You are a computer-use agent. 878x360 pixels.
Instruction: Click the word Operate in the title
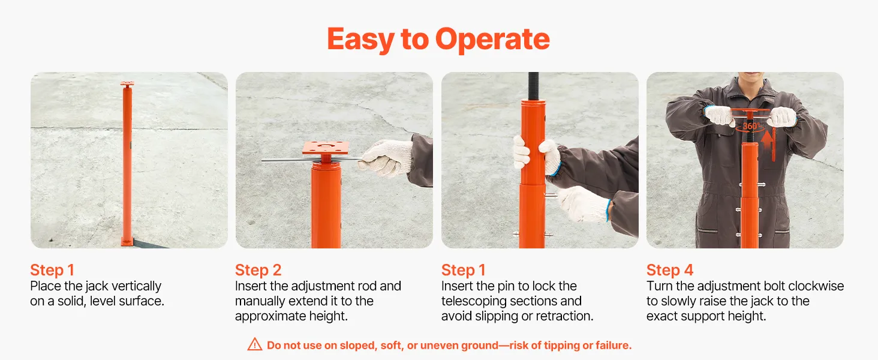pyautogui.click(x=492, y=40)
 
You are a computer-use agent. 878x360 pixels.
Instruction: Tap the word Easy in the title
pyautogui.click(x=360, y=40)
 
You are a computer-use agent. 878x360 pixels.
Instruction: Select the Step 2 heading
pyautogui.click(x=258, y=270)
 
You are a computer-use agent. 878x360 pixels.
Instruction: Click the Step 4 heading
pyautogui.click(x=670, y=270)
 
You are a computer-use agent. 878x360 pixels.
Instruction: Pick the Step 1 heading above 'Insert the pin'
pyautogui.click(x=464, y=270)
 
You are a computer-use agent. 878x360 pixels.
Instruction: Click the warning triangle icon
pyautogui.click(x=255, y=344)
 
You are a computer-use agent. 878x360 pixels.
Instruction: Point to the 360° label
pyautogui.click(x=751, y=126)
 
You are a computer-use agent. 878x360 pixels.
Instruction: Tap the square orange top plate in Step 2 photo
pyautogui.click(x=325, y=148)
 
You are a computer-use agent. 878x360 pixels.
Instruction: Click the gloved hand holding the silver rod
pyautogui.click(x=386, y=158)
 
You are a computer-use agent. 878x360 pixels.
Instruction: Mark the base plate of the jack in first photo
pyautogui.click(x=127, y=242)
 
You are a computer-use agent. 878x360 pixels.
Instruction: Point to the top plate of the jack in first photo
pyautogui.click(x=127, y=84)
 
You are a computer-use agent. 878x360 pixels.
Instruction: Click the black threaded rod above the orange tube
pyautogui.click(x=533, y=86)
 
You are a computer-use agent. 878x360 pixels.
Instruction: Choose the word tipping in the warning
pyautogui.click(x=555, y=346)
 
